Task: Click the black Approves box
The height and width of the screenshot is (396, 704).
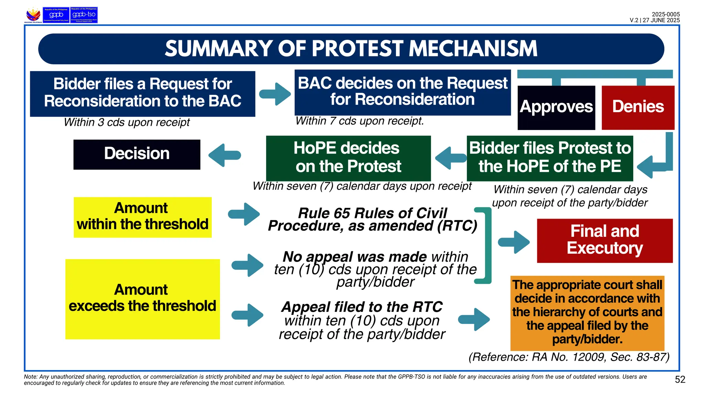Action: (556, 107)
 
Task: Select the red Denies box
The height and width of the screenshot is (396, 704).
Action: (638, 107)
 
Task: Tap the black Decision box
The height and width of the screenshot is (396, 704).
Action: (137, 154)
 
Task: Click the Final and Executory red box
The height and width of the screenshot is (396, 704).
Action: (605, 241)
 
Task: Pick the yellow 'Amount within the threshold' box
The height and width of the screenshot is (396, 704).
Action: (143, 217)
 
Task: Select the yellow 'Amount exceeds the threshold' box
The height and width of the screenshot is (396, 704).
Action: (143, 299)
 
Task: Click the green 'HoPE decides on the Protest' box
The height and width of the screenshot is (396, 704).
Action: (348, 158)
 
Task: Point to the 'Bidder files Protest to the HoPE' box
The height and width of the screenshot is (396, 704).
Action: (550, 158)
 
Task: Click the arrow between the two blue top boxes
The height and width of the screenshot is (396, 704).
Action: (275, 94)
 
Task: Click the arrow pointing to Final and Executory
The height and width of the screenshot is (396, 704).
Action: (514, 242)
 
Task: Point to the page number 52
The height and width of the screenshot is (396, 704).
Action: (680, 379)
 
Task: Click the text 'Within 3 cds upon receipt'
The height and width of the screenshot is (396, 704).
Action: (126, 122)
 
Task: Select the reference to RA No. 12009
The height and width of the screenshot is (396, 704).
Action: (569, 357)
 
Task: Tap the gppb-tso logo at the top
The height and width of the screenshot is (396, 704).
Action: (84, 15)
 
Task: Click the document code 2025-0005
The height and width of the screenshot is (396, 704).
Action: (665, 14)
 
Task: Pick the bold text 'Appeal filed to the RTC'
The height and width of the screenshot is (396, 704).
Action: (362, 307)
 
